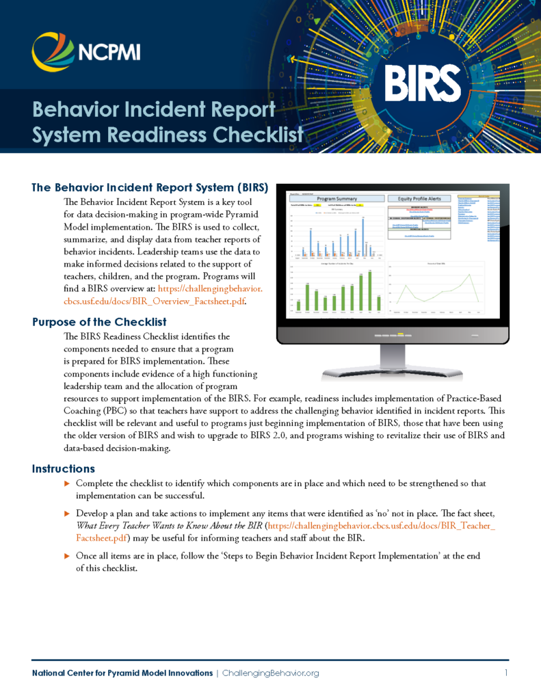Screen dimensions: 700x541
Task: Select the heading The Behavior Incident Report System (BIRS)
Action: click(149, 187)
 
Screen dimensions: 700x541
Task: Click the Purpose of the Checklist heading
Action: click(99, 321)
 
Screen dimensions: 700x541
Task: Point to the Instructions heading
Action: click(63, 468)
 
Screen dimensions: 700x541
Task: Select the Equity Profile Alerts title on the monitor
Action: click(418, 198)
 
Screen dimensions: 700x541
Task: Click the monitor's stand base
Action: click(392, 373)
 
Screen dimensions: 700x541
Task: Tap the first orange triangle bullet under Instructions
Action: click(66, 483)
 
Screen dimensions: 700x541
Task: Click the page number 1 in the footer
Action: click(506, 673)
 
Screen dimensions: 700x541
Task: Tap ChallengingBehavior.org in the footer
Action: click(271, 673)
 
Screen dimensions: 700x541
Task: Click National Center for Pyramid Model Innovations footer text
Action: click(122, 673)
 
